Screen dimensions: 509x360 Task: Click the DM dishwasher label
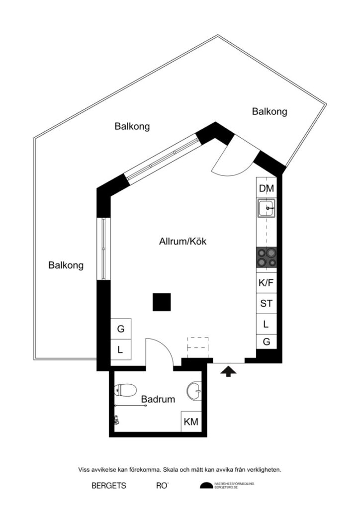[x=267, y=188]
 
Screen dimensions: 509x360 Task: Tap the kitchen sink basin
[x=266, y=208]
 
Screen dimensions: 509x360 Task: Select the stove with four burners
[x=266, y=258]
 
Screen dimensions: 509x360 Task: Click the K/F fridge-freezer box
[x=266, y=283]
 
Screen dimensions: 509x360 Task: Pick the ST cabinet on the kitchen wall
[x=266, y=303]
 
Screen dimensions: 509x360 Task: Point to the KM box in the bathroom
[x=191, y=422]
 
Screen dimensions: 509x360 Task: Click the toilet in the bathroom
[x=126, y=390]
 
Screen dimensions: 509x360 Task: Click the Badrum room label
[x=158, y=399]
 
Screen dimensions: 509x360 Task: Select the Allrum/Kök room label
[x=182, y=242]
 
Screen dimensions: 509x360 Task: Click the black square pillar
[x=162, y=302]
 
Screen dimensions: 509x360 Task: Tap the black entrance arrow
[x=228, y=371]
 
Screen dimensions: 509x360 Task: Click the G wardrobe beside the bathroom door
[x=120, y=329]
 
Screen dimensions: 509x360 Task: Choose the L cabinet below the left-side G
[x=120, y=349]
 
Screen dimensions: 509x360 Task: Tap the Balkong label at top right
[x=270, y=112]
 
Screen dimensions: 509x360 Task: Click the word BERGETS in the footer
[x=109, y=486]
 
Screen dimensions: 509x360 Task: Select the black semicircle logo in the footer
[x=206, y=486]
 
